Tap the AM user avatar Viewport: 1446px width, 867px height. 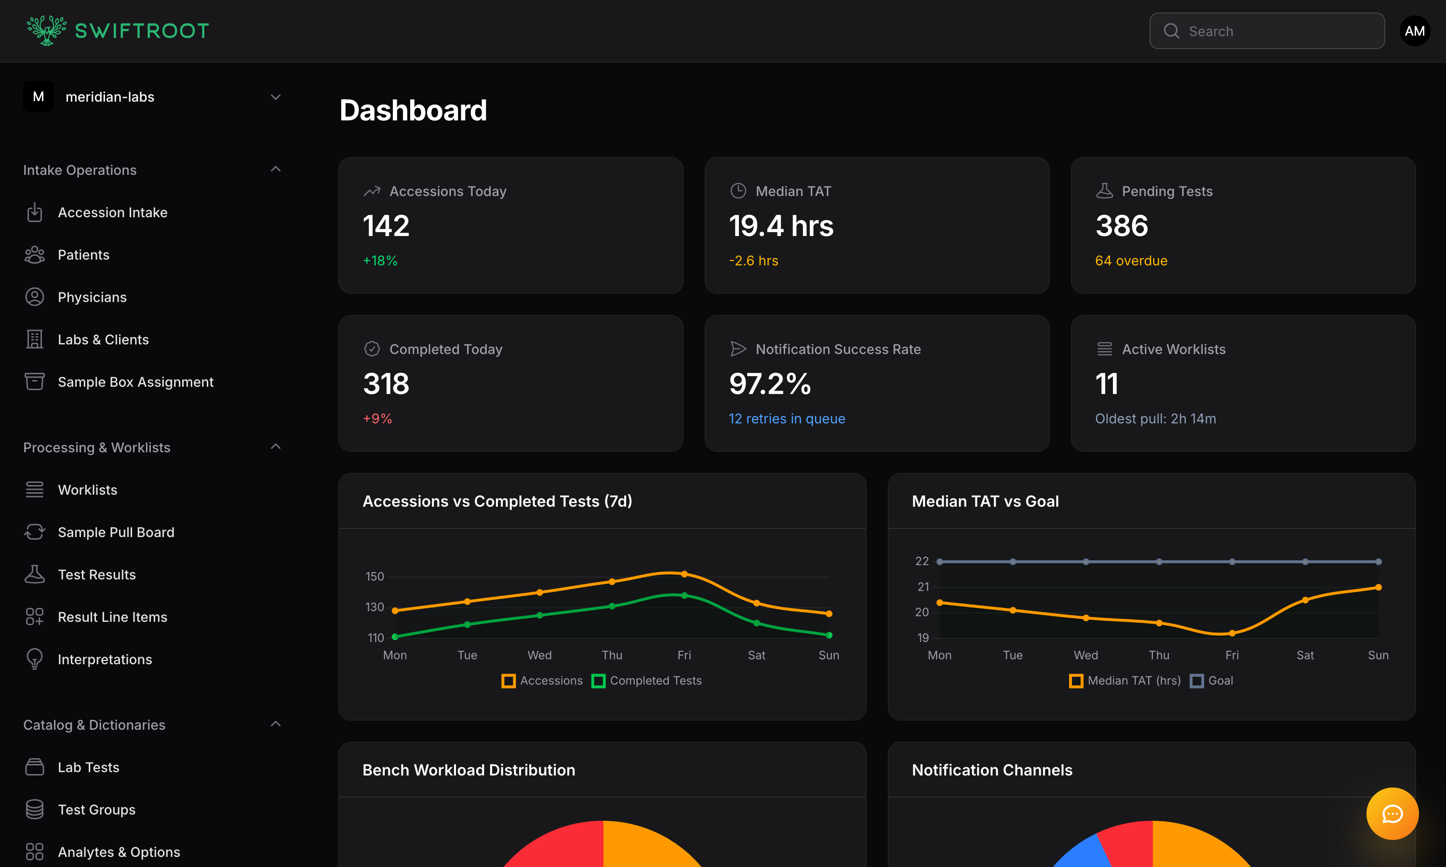point(1415,31)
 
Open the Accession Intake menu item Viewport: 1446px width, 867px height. point(112,213)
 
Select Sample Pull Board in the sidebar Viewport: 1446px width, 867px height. point(116,532)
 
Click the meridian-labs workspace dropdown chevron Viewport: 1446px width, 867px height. point(276,97)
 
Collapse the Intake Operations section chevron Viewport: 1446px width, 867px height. point(276,170)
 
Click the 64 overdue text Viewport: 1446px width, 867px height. point(1131,261)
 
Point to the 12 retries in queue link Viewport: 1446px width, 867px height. point(787,419)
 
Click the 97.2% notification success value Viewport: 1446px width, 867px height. point(770,384)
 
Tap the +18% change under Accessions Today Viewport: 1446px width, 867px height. point(380,261)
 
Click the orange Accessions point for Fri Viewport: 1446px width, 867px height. point(684,574)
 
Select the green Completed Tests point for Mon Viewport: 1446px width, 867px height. point(395,637)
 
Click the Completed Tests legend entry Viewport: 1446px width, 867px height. point(647,681)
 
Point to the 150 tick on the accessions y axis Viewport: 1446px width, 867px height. point(375,577)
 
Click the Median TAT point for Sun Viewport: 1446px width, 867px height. point(1378,587)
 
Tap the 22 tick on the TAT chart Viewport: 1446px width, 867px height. point(922,562)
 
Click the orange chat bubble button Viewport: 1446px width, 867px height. point(1392,814)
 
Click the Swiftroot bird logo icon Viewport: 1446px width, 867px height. point(47,30)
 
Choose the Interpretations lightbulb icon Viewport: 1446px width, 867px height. point(35,659)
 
